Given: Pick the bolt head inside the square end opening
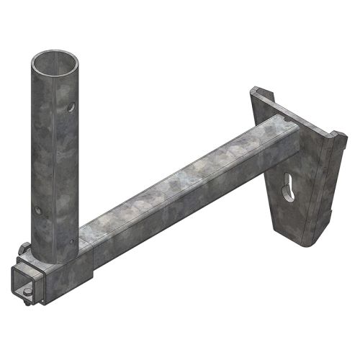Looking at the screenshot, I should pyautogui.click(x=27, y=289).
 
